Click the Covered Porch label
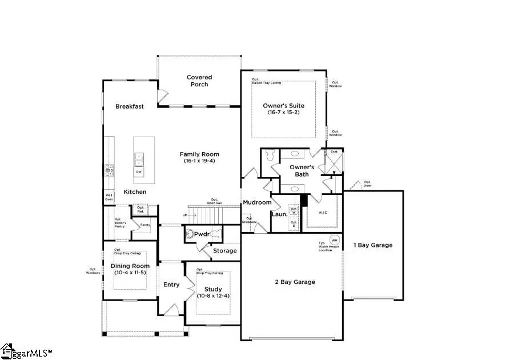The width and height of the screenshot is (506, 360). [x=199, y=81]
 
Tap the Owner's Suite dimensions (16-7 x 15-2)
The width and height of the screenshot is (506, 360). [x=283, y=113]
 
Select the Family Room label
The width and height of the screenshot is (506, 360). [x=199, y=154]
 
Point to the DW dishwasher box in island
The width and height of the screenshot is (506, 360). [x=139, y=171]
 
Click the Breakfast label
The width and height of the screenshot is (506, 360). [x=129, y=106]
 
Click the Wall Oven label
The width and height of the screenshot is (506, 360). [x=109, y=197]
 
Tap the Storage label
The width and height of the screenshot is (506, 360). [x=224, y=251]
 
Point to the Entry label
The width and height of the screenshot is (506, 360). [x=171, y=285]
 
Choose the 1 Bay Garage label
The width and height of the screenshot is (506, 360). [x=374, y=245]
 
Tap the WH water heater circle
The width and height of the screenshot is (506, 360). [x=335, y=240]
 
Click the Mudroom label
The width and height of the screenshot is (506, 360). [x=256, y=203]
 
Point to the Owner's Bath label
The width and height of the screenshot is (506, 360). [x=302, y=171]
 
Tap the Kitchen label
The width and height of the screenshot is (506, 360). [x=135, y=192]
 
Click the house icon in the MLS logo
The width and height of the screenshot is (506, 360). [x=7, y=349]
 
